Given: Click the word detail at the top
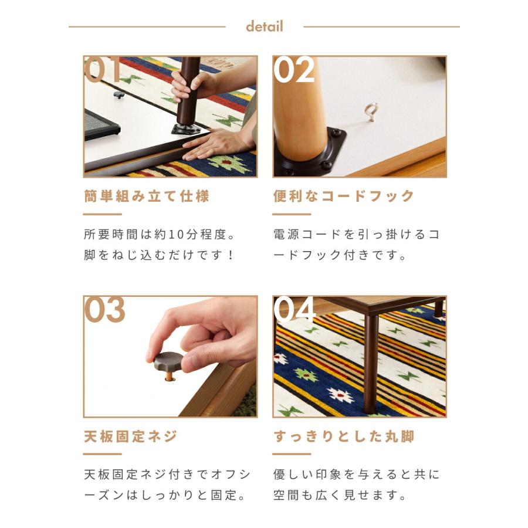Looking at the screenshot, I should (264, 26).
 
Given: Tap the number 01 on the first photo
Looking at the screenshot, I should (104, 71).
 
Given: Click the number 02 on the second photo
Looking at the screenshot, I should (294, 71).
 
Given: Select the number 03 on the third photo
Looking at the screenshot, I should (105, 310).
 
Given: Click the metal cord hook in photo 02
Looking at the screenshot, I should (371, 111).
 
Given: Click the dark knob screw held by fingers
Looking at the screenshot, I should (168, 361).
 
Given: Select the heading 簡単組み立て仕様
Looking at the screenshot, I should (147, 196).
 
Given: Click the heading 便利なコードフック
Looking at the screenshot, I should (344, 196).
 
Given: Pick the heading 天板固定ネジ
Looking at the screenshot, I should (130, 436).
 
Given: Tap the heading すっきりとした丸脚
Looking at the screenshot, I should (344, 436).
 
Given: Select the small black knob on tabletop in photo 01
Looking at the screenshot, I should (119, 94).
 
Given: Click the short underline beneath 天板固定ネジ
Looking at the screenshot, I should (103, 454).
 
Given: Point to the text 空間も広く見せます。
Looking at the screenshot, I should (340, 495).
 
